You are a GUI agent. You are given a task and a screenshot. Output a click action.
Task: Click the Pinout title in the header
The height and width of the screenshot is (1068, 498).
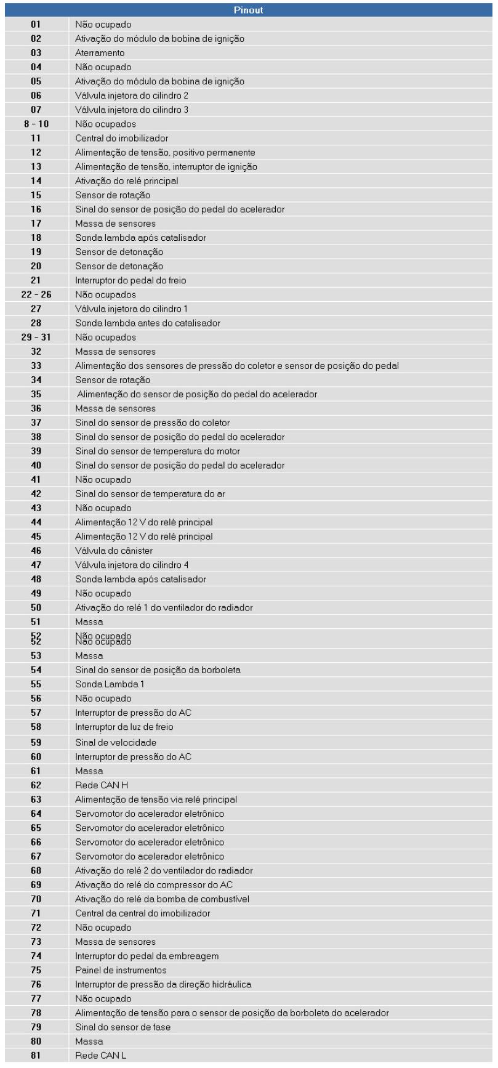[249, 10]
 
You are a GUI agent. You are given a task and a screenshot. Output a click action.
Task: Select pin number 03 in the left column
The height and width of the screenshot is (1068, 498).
[36, 53]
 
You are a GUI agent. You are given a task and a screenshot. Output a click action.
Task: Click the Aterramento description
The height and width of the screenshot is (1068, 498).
[100, 53]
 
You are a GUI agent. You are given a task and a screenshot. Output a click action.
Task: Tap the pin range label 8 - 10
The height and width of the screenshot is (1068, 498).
[36, 124]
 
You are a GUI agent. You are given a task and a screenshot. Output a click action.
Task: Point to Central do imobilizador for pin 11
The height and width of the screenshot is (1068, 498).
[121, 138]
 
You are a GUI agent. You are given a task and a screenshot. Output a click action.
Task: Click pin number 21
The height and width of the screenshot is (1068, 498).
[36, 280]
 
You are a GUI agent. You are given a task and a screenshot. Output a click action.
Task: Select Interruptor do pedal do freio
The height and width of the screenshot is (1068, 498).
[131, 280]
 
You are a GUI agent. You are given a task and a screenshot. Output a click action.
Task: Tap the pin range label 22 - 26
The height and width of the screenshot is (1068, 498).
[36, 294]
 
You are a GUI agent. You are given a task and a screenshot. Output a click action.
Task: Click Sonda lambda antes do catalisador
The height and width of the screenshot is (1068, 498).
[148, 323]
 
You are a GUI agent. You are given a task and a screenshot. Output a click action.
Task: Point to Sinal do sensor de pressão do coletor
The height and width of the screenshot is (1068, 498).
[153, 423]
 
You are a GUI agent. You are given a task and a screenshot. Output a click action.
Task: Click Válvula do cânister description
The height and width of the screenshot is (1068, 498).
[114, 551]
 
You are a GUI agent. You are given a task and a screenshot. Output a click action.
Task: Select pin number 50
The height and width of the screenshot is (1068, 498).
[36, 608]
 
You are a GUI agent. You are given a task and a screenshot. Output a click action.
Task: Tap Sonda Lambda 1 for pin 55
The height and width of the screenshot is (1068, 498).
[102, 684]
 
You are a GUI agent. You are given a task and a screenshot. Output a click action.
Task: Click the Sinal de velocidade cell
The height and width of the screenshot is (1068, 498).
[116, 742]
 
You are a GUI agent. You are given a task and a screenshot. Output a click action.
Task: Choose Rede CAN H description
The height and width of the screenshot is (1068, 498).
[102, 785]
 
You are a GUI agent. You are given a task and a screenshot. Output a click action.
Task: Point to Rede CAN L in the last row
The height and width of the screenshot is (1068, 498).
[101, 1056]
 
